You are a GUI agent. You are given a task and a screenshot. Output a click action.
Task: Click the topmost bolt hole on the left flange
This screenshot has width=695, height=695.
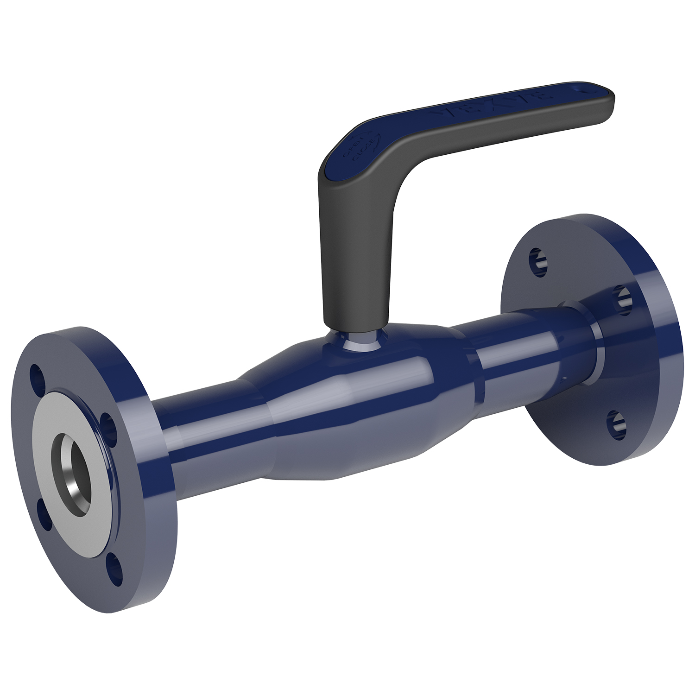tap(36, 375)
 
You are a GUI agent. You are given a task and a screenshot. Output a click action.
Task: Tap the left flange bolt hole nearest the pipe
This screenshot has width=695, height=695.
tap(108, 424)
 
